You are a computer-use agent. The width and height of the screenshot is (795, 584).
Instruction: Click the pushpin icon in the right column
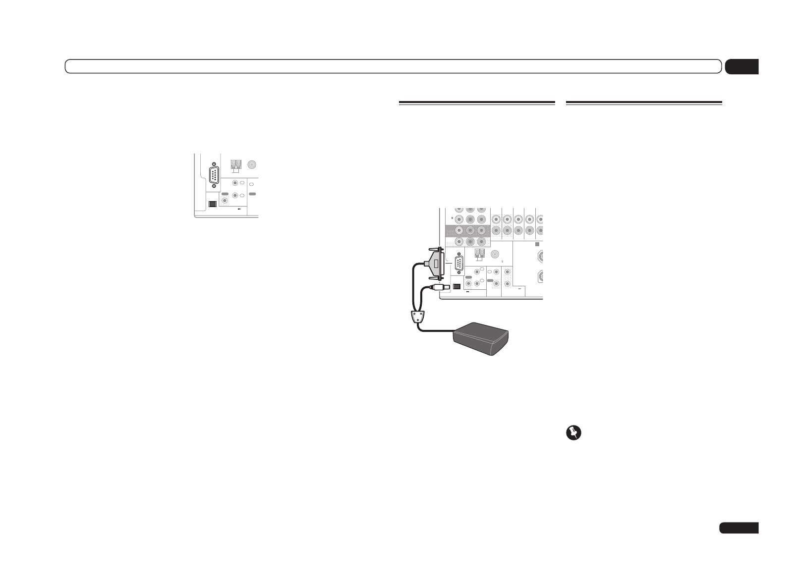(x=573, y=433)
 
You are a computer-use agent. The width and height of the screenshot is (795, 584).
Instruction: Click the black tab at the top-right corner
(x=741, y=67)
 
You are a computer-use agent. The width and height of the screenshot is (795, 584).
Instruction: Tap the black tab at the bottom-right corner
(x=738, y=527)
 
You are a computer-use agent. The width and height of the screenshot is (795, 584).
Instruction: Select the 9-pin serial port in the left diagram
(x=214, y=175)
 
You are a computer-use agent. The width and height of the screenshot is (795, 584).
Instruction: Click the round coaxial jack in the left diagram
(x=253, y=165)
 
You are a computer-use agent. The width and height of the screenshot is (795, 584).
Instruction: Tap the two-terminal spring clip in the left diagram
(x=236, y=164)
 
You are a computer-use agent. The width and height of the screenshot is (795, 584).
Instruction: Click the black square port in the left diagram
(x=212, y=204)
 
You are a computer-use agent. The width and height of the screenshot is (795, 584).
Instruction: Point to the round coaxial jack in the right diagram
(x=495, y=254)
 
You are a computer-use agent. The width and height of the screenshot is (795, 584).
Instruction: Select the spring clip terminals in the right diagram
(x=478, y=254)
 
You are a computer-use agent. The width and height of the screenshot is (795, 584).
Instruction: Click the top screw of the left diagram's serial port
(x=214, y=164)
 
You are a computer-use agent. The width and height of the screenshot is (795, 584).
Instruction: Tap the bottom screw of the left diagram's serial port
(x=214, y=186)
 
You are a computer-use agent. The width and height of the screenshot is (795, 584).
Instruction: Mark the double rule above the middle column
(x=476, y=103)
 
